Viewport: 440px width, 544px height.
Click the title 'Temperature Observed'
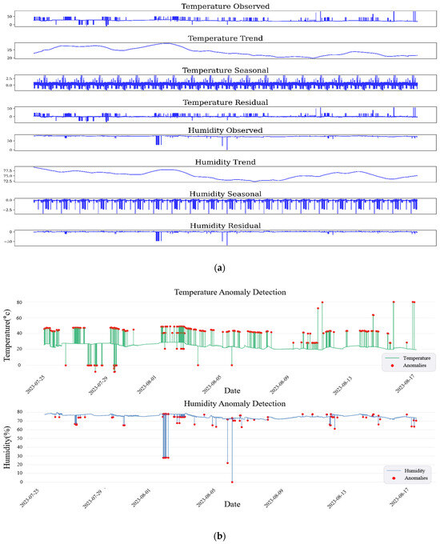(x=225, y=6)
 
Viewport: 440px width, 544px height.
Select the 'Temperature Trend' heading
(x=225, y=38)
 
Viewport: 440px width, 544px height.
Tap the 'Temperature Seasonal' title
(x=225, y=70)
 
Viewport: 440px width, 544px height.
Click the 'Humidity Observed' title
(x=225, y=130)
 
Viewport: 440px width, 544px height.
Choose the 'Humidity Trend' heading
(x=225, y=162)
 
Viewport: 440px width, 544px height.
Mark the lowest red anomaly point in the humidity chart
(x=232, y=482)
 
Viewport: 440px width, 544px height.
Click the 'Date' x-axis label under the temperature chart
(x=232, y=391)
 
